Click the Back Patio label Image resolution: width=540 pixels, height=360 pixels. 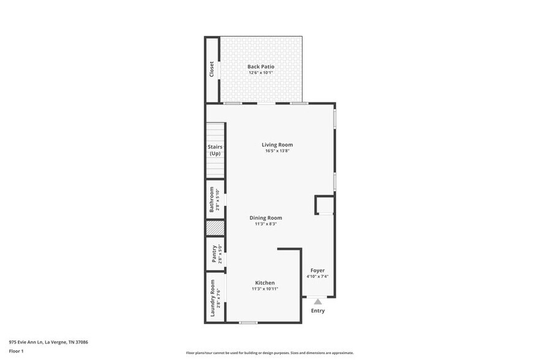(261, 66)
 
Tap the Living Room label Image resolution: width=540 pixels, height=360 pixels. (277, 144)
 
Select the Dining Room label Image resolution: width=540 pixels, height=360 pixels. (266, 217)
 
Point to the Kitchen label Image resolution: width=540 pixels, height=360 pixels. (264, 282)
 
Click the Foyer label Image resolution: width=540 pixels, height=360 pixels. (317, 270)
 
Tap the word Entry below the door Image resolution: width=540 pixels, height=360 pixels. (318, 310)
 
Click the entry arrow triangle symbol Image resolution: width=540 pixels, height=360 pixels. (318, 301)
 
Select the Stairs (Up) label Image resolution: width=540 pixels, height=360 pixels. (215, 150)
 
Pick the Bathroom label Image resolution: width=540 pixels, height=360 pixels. (212, 200)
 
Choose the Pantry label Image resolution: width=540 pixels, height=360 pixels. (214, 254)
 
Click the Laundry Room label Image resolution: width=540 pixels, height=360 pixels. (212, 298)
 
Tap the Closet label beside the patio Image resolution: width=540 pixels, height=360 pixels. (212, 69)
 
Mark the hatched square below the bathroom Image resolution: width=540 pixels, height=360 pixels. (216, 228)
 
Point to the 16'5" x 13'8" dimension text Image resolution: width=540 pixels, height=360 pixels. (277, 151)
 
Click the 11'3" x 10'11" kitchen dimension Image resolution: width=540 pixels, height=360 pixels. (264, 289)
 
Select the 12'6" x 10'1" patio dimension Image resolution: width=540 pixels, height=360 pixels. (261, 73)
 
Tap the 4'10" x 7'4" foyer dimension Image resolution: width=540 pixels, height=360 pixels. (317, 277)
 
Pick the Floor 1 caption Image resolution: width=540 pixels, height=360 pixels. (16, 351)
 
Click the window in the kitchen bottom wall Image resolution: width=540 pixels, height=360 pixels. (248, 322)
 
